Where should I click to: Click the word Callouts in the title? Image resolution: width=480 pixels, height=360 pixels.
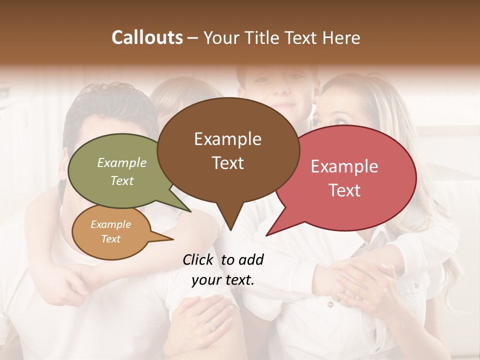147,37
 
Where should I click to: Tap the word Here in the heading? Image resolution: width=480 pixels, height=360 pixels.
341,38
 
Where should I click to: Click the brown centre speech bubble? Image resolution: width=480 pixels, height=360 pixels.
228,150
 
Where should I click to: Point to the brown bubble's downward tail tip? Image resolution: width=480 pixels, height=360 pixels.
230,229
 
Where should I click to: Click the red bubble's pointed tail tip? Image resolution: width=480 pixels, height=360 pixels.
267,234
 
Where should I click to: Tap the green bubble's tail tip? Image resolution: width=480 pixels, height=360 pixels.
190,211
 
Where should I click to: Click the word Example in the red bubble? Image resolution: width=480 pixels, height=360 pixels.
344,166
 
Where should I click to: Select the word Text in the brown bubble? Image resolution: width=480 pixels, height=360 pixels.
228,163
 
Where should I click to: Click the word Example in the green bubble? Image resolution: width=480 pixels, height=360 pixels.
122,162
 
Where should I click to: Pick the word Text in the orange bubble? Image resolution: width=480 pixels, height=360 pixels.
111,239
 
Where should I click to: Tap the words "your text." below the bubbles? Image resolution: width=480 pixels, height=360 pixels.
223,280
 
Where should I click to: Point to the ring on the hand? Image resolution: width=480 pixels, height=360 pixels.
212,325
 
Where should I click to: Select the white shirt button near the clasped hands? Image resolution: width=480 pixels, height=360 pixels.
330,303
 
